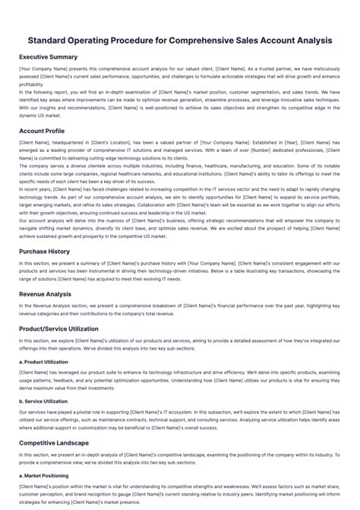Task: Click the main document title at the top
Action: click(x=180, y=40)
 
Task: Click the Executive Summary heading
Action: click(x=48, y=57)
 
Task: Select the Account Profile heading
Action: click(x=42, y=131)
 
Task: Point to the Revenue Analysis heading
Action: click(x=46, y=294)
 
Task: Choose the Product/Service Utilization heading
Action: click(x=59, y=329)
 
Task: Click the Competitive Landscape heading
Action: click(x=54, y=442)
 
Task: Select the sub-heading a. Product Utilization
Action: click(x=43, y=362)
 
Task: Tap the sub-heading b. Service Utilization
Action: click(x=43, y=401)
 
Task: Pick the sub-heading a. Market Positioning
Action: click(x=43, y=475)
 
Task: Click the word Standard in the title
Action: click(x=53, y=40)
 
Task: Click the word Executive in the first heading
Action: click(x=34, y=57)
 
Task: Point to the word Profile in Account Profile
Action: click(x=55, y=131)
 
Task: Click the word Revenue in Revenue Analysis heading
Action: click(x=33, y=294)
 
